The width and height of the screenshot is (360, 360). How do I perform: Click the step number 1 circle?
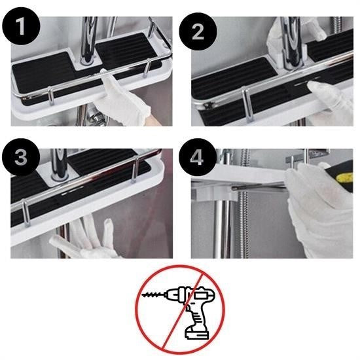pyautogui.click(x=23, y=27)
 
